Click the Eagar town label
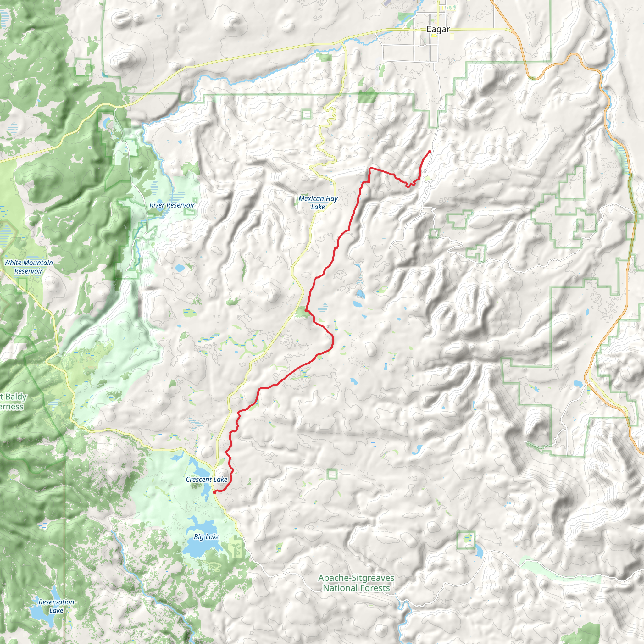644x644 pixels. (x=438, y=29)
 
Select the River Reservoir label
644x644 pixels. (x=172, y=205)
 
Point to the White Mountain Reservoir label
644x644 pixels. (x=28, y=267)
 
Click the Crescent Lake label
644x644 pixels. (x=206, y=479)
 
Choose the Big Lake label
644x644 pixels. (x=207, y=537)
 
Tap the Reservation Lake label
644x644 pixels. (x=56, y=606)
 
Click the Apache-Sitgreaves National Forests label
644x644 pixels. (x=356, y=583)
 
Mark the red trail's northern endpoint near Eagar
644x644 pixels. (x=430, y=152)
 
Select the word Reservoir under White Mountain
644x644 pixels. (x=28, y=271)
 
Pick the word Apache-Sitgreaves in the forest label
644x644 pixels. (x=356, y=578)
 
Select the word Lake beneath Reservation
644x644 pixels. (x=56, y=610)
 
